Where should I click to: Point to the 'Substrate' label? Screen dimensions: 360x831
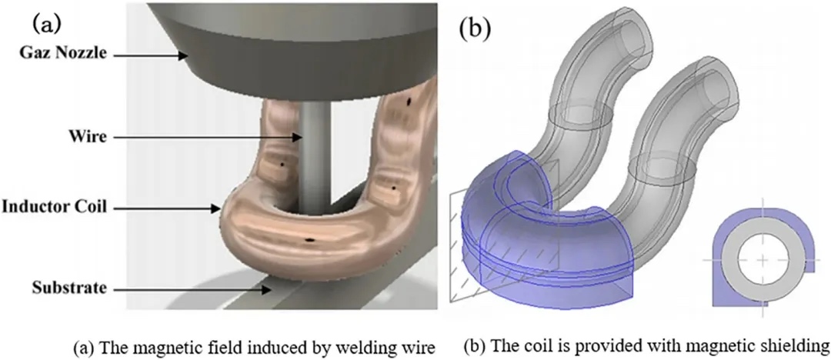tap(68, 288)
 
